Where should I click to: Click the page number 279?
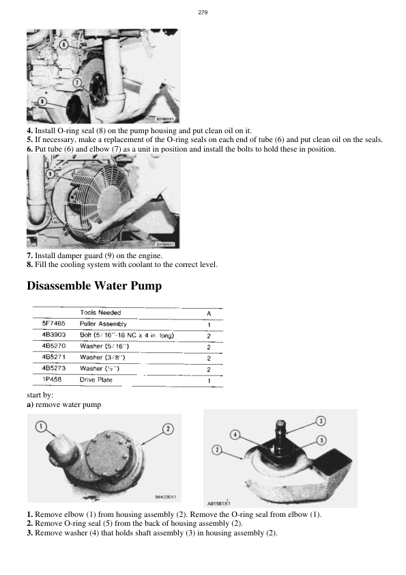point(203,13)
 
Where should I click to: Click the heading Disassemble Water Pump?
point(94,285)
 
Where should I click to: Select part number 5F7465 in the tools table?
point(53,324)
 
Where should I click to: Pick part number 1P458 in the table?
point(50,380)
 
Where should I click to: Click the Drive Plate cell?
point(96,380)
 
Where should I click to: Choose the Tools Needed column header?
point(100,313)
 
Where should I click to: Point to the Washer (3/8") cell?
point(102,357)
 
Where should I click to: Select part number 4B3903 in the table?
point(53,335)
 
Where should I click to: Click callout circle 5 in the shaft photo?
point(321,440)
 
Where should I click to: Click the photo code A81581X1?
point(219,503)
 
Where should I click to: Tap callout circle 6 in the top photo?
point(63,44)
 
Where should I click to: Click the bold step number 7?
point(29,255)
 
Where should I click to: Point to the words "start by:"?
point(40,395)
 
